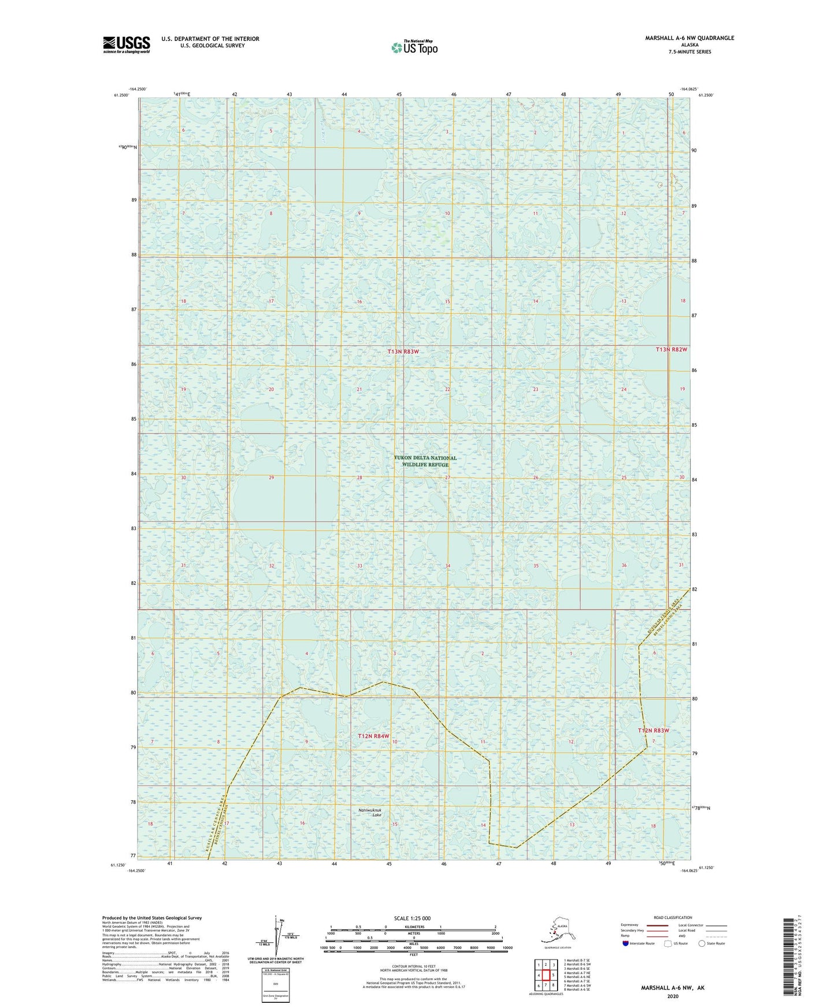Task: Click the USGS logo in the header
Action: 126,44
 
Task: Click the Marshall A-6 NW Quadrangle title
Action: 689,38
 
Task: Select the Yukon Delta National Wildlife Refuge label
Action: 425,461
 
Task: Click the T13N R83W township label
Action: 403,352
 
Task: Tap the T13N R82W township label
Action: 671,350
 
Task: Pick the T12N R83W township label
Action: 653,730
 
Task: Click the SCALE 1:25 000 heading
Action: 412,918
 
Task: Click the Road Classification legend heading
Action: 673,917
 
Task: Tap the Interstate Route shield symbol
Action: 626,943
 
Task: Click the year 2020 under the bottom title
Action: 672,996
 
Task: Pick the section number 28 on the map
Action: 359,478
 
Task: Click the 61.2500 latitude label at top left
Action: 121,95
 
